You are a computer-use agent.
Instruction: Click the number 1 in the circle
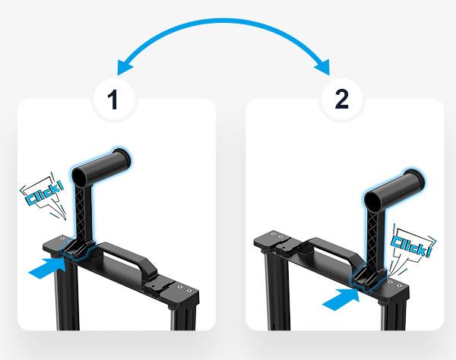click(112, 99)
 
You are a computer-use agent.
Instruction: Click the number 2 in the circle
click(342, 99)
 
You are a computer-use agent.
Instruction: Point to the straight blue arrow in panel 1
click(47, 267)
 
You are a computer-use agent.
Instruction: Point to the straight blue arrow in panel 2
click(340, 299)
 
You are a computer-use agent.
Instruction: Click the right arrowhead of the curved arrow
click(324, 67)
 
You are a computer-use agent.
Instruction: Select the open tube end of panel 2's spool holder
click(374, 201)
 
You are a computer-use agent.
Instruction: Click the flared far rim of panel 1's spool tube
click(122, 158)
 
